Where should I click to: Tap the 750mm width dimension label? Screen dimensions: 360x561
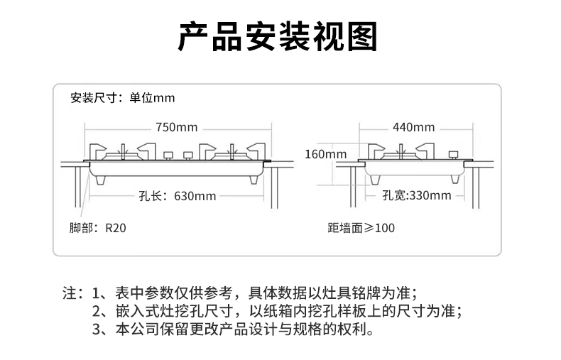[176, 128]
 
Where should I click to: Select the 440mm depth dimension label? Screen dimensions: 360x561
[413, 128]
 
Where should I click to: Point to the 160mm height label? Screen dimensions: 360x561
[326, 153]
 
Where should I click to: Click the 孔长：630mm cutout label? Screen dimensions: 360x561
[177, 196]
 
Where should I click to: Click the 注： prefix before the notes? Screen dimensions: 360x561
[73, 293]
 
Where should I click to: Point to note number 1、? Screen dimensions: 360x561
[99, 293]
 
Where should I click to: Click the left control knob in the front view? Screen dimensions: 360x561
[168, 156]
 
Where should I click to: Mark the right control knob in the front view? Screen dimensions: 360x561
[188, 156]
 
